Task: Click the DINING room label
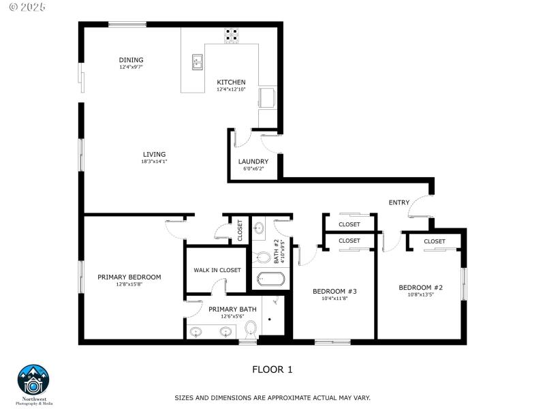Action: pyautogui.click(x=131, y=60)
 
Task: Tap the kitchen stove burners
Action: pyautogui.click(x=232, y=31)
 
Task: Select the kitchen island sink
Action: pyautogui.click(x=198, y=63)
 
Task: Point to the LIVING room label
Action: pyautogui.click(x=154, y=154)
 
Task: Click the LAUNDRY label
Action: pyautogui.click(x=253, y=162)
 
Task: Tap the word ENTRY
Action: pyautogui.click(x=399, y=202)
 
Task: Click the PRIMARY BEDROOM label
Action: pyautogui.click(x=129, y=277)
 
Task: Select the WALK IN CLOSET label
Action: pyautogui.click(x=217, y=270)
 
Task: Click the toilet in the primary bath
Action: pyautogui.click(x=250, y=329)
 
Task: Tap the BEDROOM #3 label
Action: pyautogui.click(x=334, y=291)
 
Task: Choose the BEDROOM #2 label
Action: pyautogui.click(x=420, y=288)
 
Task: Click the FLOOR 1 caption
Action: pyautogui.click(x=272, y=369)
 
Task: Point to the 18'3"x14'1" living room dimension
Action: pyautogui.click(x=154, y=162)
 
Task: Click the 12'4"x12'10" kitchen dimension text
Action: pyautogui.click(x=231, y=89)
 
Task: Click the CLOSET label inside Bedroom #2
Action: pyautogui.click(x=434, y=241)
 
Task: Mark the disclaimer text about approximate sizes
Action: pyautogui.click(x=272, y=397)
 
